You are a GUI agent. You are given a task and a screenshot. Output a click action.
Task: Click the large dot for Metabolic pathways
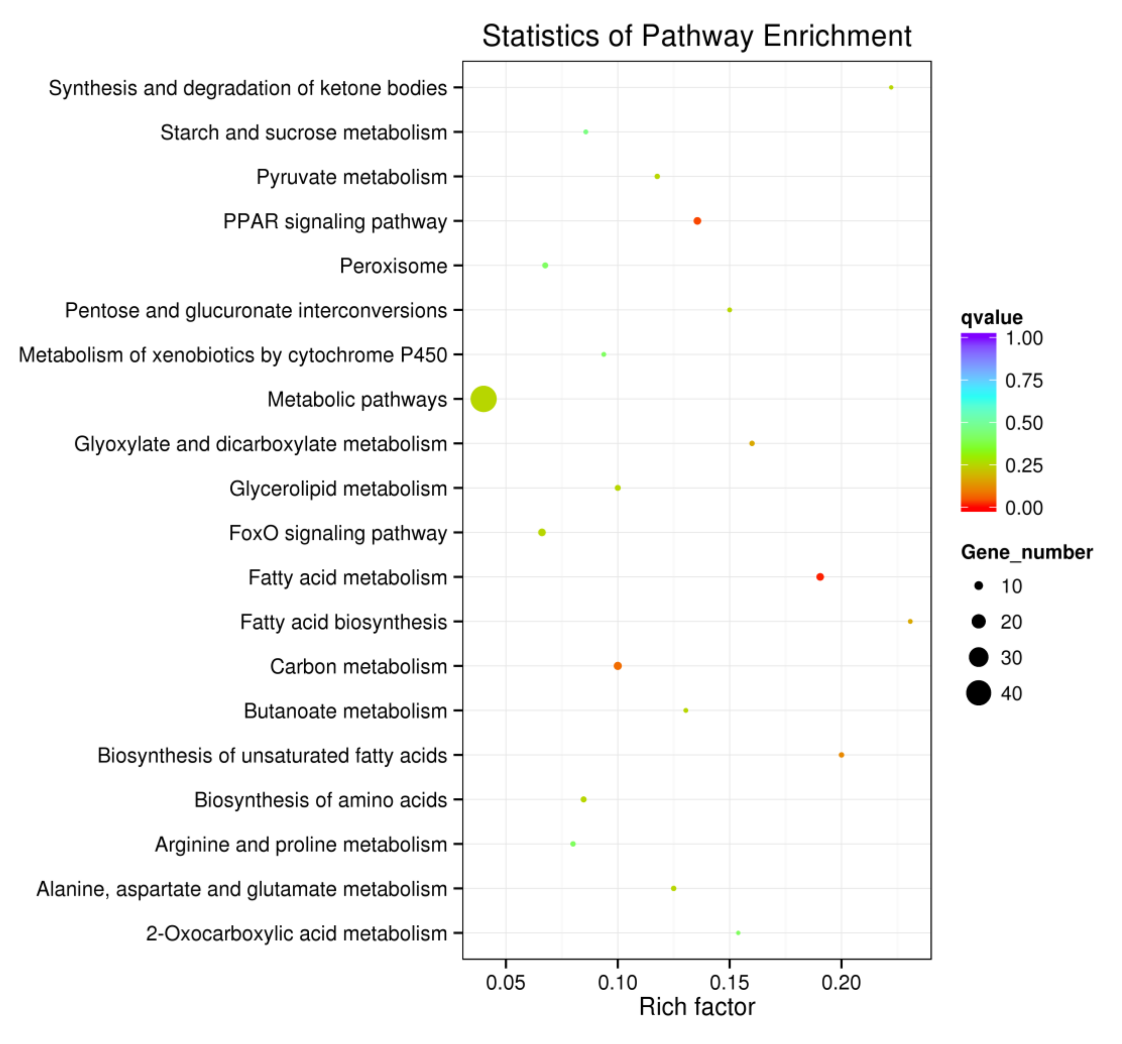[x=483, y=399]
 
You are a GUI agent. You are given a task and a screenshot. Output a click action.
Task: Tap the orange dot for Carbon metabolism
[x=617, y=666]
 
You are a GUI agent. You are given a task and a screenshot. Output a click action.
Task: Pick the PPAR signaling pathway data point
[x=697, y=221]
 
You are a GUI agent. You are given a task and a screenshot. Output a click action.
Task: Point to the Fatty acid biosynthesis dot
[x=910, y=621]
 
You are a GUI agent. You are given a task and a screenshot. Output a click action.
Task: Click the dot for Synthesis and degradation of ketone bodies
[x=891, y=87]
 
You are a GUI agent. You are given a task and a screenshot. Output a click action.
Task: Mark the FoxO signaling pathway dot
[x=542, y=532]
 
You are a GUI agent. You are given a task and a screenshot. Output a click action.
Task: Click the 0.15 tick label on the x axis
[x=729, y=983]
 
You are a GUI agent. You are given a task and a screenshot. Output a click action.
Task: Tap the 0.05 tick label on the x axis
[x=505, y=983]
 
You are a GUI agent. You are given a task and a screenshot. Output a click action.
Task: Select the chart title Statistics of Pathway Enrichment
[x=696, y=36]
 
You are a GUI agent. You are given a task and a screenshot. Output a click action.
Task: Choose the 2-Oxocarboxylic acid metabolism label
[x=296, y=933]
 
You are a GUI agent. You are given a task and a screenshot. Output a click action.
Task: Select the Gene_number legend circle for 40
[x=978, y=693]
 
